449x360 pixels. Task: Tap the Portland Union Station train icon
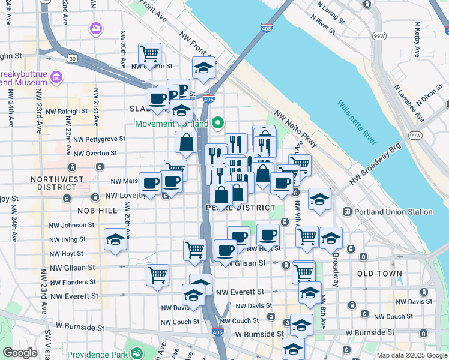point(347,212)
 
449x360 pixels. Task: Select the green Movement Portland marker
point(217,124)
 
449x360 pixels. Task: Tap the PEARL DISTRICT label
point(232,208)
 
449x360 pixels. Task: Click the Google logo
point(20,353)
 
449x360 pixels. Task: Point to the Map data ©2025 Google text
point(412,355)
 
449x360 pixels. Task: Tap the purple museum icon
point(57,76)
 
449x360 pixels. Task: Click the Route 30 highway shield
point(71,58)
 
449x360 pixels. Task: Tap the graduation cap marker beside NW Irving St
point(115,239)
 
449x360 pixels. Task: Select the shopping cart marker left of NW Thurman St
point(149,53)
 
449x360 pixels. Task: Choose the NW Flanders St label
point(73,282)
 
